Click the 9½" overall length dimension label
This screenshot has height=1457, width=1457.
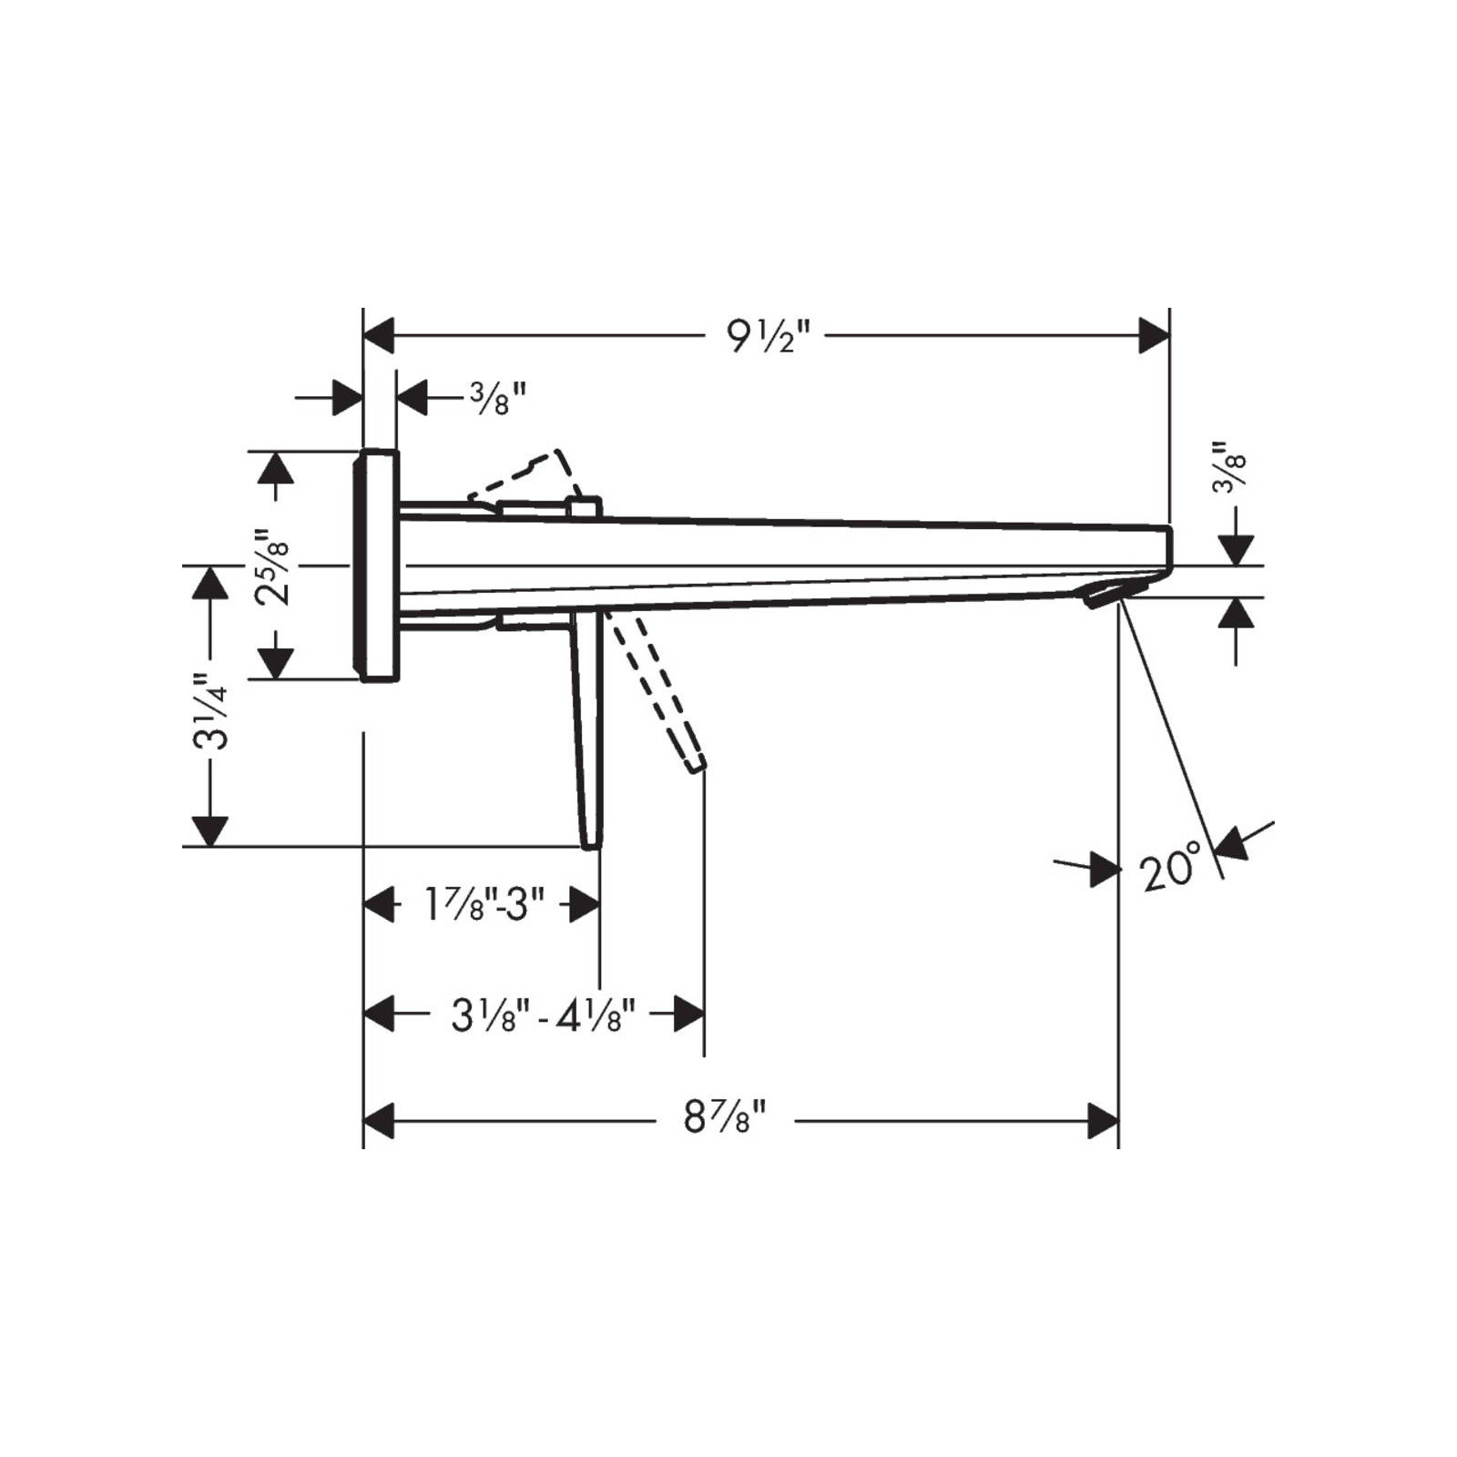pos(768,337)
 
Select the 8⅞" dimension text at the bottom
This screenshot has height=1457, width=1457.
pos(726,1116)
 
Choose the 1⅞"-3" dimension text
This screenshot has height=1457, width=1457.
pos(484,904)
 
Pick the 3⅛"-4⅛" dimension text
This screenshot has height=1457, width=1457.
pos(543,1014)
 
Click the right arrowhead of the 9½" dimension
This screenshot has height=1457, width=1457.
pos(1155,336)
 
